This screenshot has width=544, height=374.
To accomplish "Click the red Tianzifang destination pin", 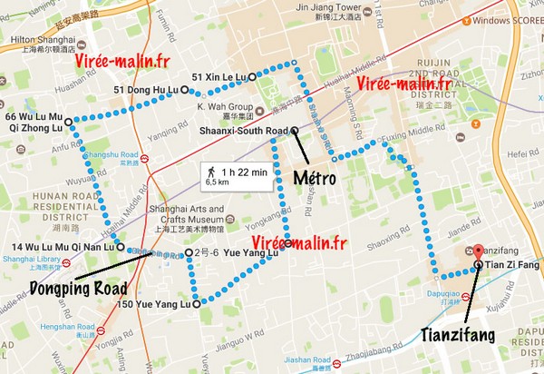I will pos(478,251).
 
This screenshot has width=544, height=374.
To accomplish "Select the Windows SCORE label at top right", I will pos(510,20).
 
